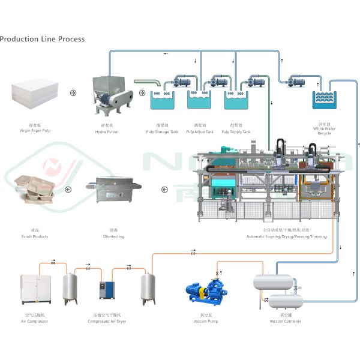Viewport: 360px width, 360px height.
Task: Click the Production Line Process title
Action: pyautogui.click(x=42, y=39)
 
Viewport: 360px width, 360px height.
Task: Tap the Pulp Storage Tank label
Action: pyautogui.click(x=163, y=131)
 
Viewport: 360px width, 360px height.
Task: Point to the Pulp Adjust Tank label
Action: pyautogui.click(x=200, y=131)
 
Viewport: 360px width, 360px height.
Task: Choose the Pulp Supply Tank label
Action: pyautogui.click(x=236, y=131)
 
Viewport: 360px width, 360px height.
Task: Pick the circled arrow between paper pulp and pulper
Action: pyautogui.click(x=74, y=93)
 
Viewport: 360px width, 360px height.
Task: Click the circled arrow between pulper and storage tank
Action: pyautogui.click(x=142, y=93)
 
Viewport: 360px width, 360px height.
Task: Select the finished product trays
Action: pyautogui.click(x=37, y=190)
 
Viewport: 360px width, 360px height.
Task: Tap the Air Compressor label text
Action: pyautogui.click(x=34, y=322)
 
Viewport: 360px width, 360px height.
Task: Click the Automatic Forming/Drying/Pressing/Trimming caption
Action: pyautogui.click(x=286, y=236)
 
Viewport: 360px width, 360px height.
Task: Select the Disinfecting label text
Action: pyautogui.click(x=113, y=236)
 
